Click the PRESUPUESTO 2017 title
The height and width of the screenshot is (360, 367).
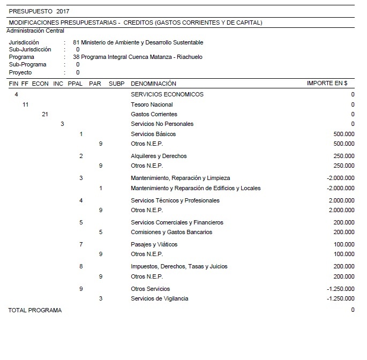pyautogui.click(x=39, y=11)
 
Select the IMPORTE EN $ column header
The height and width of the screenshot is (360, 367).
pyautogui.click(x=327, y=84)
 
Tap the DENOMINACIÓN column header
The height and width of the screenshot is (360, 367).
pyautogui.click(x=153, y=84)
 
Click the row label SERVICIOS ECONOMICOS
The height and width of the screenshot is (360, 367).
pyautogui.click(x=167, y=94)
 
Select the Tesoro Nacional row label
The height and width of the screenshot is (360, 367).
pyautogui.click(x=152, y=104)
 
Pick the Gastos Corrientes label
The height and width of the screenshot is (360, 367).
pyautogui.click(x=154, y=114)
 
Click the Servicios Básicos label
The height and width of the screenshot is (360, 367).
pyautogui.click(x=153, y=134)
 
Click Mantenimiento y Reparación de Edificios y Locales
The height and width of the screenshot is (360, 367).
pyautogui.click(x=196, y=188)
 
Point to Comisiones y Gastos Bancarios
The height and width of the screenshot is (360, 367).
pyautogui.click(x=171, y=232)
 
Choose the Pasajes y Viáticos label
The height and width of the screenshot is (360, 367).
pyautogui.click(x=154, y=244)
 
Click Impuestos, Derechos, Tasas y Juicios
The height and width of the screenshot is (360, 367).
pyautogui.click(x=179, y=266)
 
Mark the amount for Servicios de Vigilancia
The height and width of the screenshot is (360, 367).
pyautogui.click(x=340, y=298)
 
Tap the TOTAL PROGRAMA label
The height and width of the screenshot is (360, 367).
pyautogui.click(x=35, y=310)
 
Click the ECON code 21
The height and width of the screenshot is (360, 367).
pyautogui.click(x=45, y=114)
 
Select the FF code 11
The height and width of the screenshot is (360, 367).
pyautogui.click(x=25, y=104)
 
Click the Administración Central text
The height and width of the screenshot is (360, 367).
pyautogui.click(x=35, y=31)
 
